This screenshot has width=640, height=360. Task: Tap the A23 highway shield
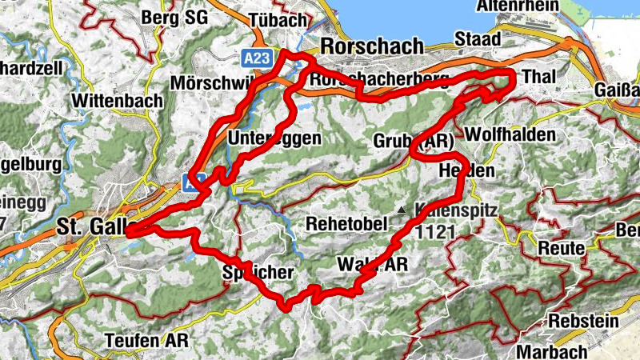[257, 58]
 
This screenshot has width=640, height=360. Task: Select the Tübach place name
[278, 18]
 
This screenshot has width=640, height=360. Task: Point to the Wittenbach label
[117, 101]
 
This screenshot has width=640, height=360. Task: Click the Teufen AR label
[146, 341]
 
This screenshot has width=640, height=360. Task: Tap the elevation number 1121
[435, 231]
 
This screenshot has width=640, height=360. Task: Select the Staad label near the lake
[478, 39]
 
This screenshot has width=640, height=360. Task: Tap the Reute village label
[562, 248]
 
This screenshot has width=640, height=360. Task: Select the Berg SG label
[173, 17]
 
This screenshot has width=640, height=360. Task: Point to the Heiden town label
[467, 170]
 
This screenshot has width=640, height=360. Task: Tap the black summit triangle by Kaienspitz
[399, 210]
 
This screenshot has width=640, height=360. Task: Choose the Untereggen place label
[274, 138]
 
